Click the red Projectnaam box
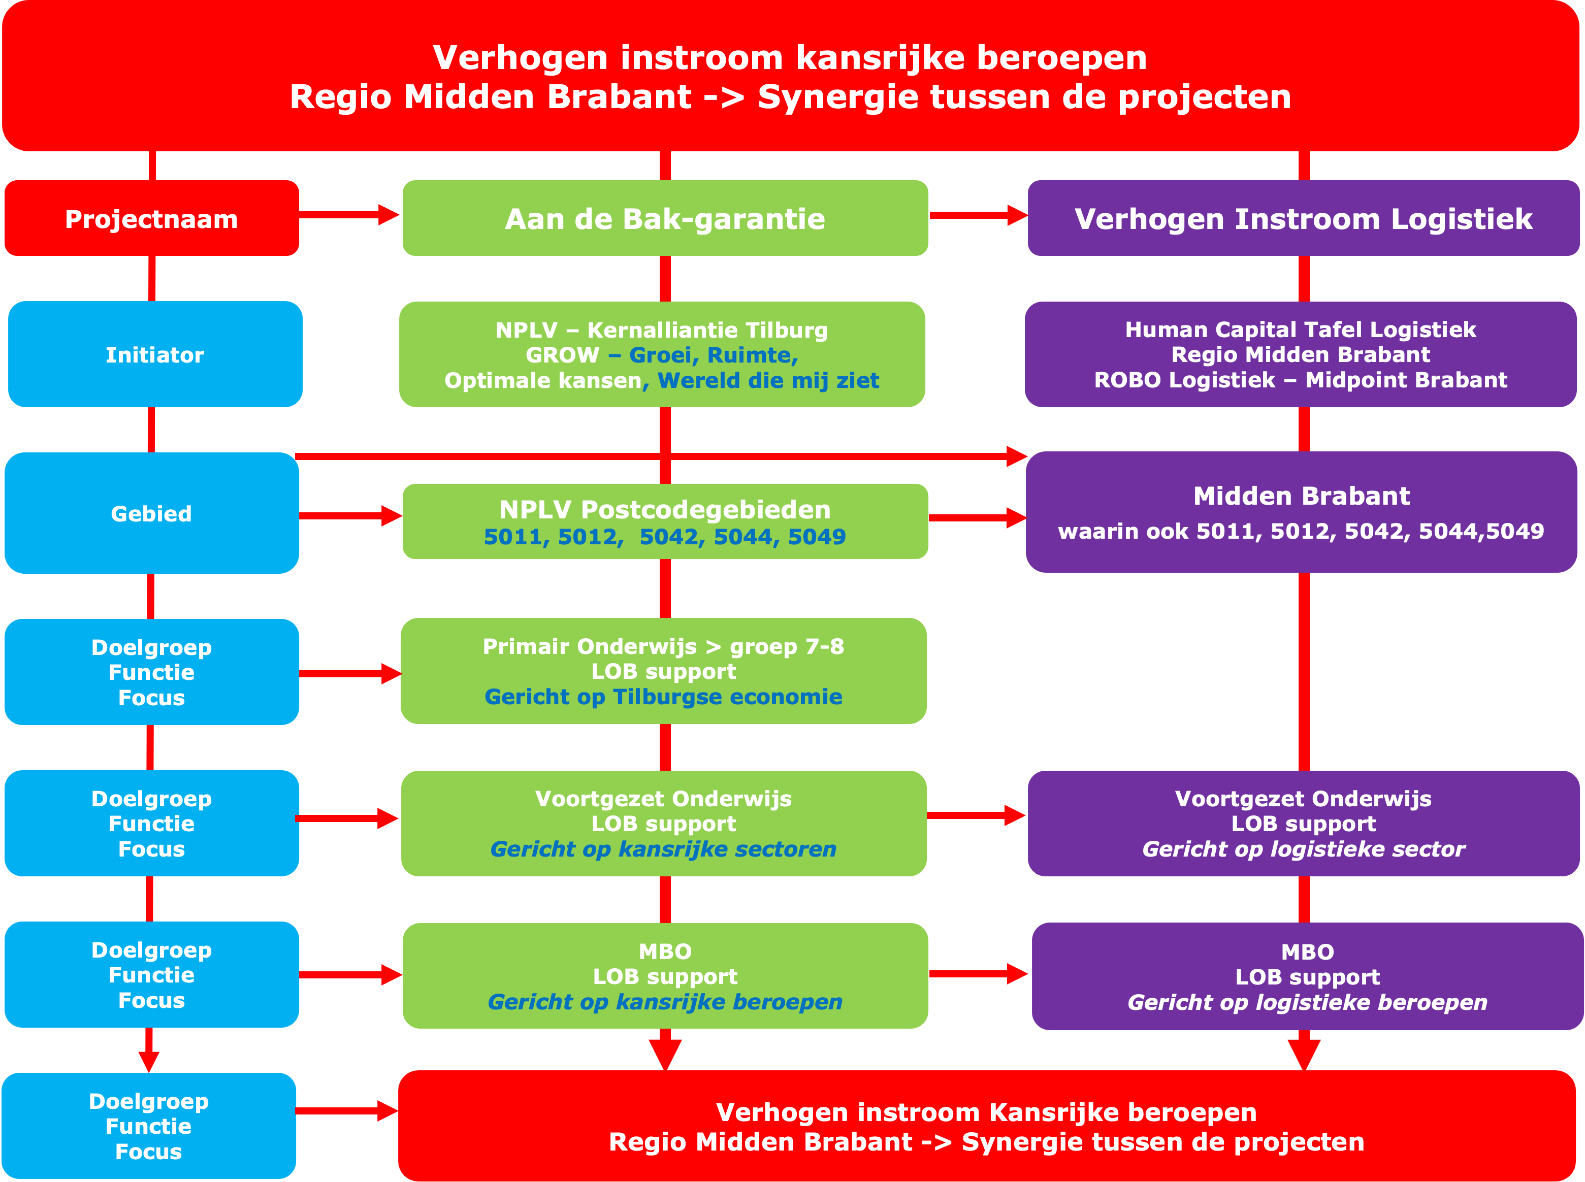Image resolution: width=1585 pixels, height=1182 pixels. coord(152,218)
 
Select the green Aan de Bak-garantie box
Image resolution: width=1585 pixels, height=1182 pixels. coord(665,218)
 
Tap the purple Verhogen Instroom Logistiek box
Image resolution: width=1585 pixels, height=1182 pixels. coord(1303,218)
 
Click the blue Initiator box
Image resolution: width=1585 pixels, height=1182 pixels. coord(155,354)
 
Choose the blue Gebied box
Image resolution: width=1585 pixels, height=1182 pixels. coord(152,513)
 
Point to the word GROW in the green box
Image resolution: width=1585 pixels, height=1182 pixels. coord(562,355)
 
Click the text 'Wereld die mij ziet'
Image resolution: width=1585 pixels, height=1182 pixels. coord(768,380)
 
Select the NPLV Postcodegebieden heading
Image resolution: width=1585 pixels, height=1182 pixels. coord(665,509)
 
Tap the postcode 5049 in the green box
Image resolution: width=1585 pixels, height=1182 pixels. coord(817,537)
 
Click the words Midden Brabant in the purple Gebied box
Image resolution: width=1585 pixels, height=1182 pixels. coord(1301,496)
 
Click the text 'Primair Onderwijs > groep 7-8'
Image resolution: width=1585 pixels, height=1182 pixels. coord(663,646)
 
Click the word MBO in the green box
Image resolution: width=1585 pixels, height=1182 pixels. coord(665,951)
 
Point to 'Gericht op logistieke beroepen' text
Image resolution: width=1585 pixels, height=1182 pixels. coord(1307,1002)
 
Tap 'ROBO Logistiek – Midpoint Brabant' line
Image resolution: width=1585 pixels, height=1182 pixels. coord(1300,380)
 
